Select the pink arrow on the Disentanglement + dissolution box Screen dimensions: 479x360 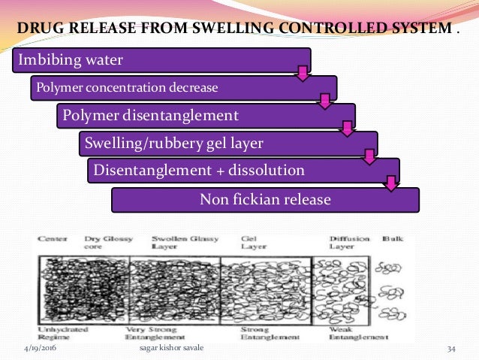point(391,183)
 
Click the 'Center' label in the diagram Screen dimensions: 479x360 point(50,239)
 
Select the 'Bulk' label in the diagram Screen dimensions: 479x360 point(393,239)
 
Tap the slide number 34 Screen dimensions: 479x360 point(451,350)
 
